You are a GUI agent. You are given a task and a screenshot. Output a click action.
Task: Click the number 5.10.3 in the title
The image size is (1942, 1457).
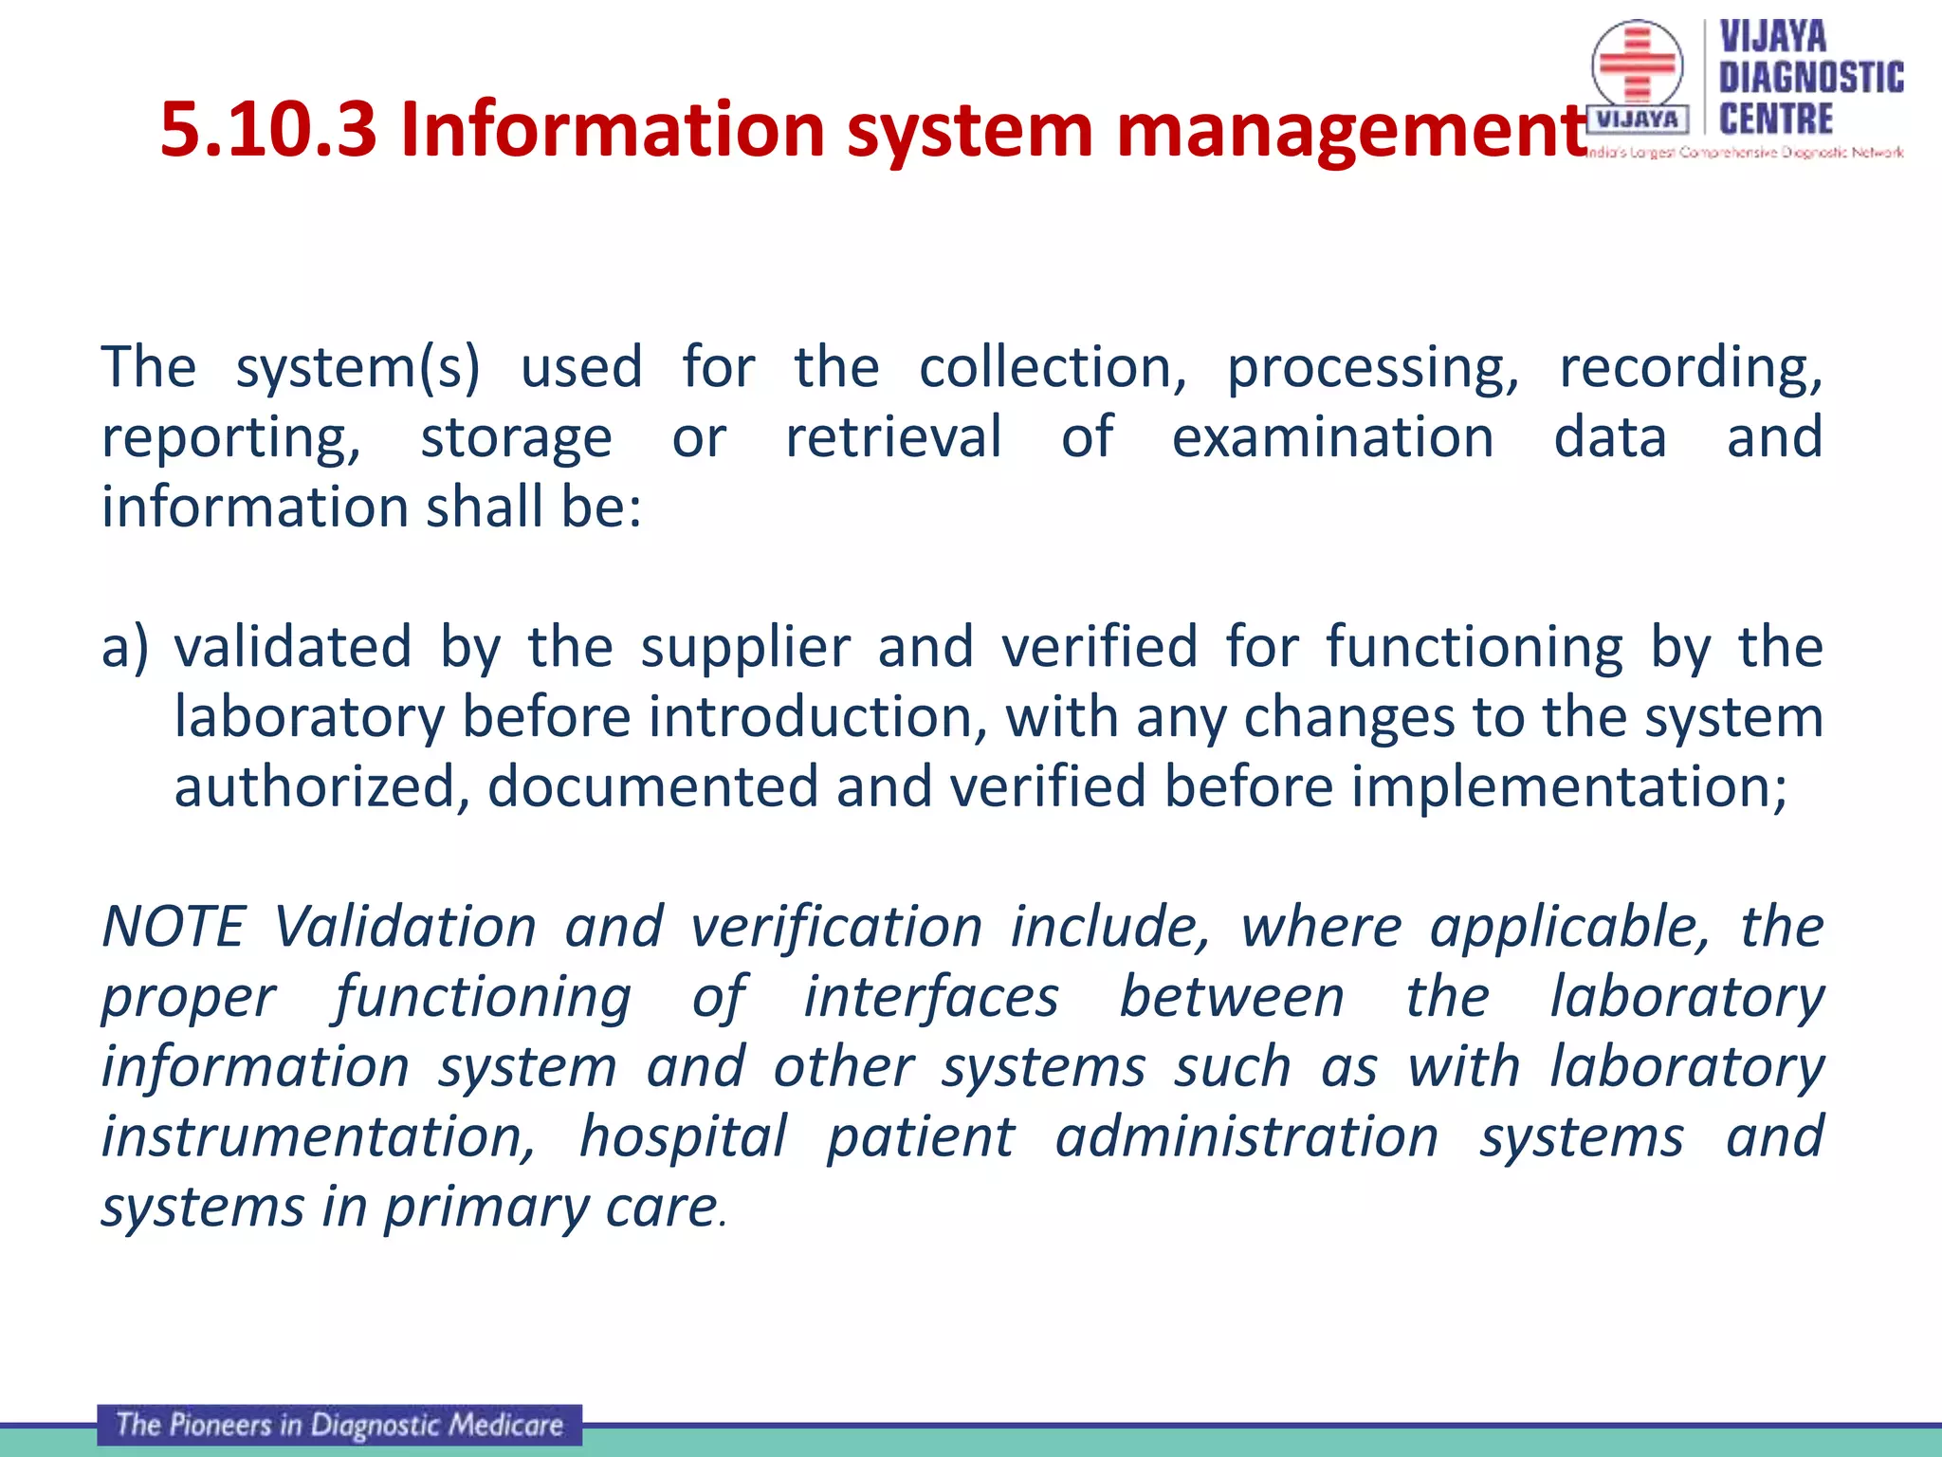coord(268,130)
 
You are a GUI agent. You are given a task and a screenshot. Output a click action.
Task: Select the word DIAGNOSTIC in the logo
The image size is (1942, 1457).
coord(1811,78)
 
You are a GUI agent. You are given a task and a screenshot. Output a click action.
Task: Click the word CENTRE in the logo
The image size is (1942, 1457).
coord(1775,120)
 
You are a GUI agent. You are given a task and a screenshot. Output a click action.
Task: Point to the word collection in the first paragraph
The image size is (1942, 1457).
coord(1052,367)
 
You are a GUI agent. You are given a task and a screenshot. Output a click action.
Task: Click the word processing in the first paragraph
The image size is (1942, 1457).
coord(1372,369)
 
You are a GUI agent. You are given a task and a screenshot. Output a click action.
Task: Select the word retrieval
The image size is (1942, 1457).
coord(893,437)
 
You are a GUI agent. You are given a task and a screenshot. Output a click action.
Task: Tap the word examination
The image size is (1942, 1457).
coord(1332,437)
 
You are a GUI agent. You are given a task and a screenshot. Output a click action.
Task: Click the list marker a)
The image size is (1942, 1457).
coord(125,647)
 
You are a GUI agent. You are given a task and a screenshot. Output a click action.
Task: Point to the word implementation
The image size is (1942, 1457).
coord(1569,787)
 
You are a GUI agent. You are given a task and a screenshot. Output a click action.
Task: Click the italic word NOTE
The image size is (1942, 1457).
coord(174,927)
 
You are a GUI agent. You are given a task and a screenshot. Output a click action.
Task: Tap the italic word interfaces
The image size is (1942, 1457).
coord(931,998)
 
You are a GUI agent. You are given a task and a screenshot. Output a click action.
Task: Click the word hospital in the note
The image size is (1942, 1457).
coord(683,1137)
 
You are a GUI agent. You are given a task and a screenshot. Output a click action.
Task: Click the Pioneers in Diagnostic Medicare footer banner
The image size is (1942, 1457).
coord(339,1425)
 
